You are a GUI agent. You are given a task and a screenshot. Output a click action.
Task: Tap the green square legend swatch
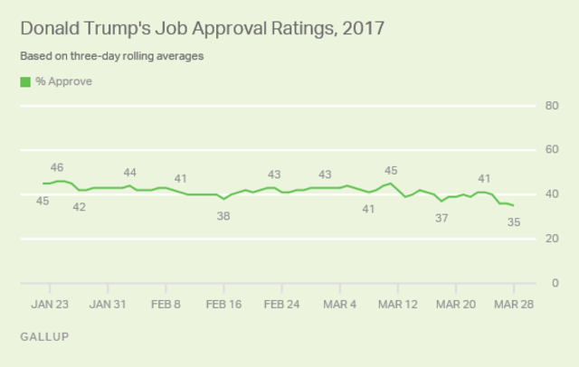[24, 81]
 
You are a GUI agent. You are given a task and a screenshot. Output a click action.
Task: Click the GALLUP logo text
[43, 336]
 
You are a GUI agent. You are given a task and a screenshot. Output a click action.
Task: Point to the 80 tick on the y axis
[549, 106]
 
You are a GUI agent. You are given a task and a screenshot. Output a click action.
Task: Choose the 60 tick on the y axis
[549, 150]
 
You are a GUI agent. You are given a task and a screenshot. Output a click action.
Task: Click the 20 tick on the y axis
[549, 239]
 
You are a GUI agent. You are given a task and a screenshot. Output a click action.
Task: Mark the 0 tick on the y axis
[552, 283]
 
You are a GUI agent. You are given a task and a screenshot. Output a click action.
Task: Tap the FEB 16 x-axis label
[223, 305]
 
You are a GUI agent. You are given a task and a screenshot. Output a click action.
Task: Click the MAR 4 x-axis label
[340, 305]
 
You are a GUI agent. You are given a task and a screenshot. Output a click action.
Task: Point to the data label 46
[56, 167]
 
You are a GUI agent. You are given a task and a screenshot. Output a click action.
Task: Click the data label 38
[223, 216]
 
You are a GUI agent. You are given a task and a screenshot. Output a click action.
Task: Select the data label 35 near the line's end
[514, 221]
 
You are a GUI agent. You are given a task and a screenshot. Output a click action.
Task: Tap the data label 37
[441, 218]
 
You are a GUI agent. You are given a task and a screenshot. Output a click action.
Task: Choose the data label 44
[129, 172]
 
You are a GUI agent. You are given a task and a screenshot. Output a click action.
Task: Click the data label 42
[79, 207]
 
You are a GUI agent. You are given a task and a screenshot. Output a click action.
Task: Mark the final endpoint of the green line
[514, 205]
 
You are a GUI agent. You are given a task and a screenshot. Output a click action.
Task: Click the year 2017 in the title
[359, 28]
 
